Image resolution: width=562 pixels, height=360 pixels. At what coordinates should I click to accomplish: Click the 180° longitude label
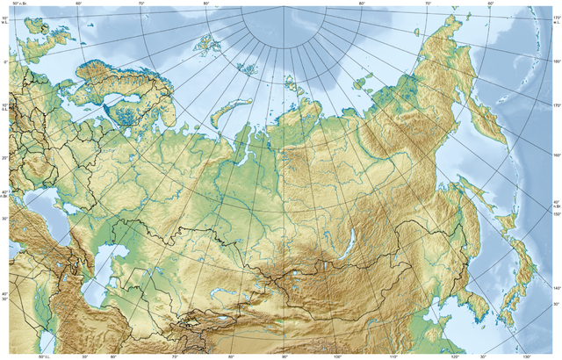tap(556, 61)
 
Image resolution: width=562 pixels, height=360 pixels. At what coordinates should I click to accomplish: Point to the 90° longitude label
tap(285, 356)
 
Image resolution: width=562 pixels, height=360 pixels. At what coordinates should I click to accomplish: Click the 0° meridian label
tap(4, 62)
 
